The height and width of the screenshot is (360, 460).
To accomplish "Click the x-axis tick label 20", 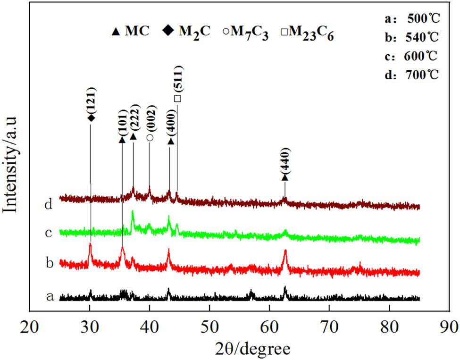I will pyautogui.click(x=30, y=327).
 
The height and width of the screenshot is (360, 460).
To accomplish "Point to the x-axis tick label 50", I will pyautogui.click(x=209, y=327).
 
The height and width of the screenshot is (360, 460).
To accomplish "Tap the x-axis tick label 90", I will pyautogui.click(x=449, y=327).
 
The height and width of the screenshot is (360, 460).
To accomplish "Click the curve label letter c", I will pyautogui.click(x=48, y=233).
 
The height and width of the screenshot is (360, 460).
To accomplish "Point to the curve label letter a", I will pyautogui.click(x=49, y=296).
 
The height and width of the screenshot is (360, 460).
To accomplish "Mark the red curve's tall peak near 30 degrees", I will pyautogui.click(x=90, y=245).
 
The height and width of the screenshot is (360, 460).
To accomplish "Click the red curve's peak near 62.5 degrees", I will pyautogui.click(x=285, y=251).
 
